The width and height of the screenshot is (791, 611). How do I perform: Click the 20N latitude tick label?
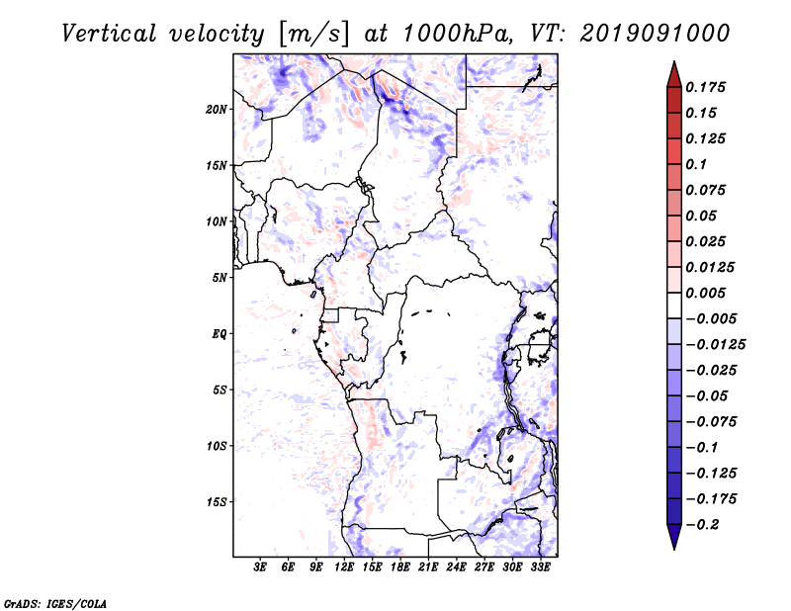(x=217, y=109)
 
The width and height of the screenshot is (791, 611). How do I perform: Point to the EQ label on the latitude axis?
(x=220, y=333)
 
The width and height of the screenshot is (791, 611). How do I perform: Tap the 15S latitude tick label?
(x=217, y=501)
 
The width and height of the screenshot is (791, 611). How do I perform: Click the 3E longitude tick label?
(x=260, y=567)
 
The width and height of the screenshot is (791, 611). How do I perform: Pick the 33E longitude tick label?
(x=540, y=567)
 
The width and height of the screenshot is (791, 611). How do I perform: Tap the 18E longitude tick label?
(x=400, y=567)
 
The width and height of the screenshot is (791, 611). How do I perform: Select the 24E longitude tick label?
(x=456, y=567)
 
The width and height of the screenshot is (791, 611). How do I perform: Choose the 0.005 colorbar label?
(x=708, y=293)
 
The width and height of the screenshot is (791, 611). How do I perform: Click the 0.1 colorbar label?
(x=698, y=164)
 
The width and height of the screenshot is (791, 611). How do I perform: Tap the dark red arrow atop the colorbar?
(x=673, y=73)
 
